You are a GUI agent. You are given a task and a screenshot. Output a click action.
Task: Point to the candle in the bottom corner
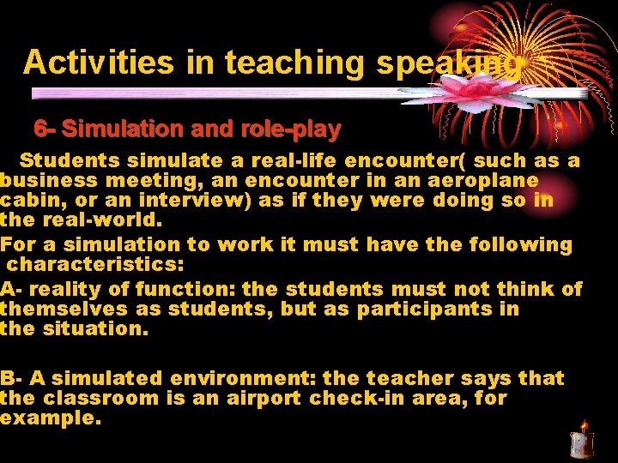pos(582,440)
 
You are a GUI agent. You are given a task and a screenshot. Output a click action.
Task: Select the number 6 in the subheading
pos(39,129)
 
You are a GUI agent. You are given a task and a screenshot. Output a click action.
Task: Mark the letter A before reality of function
pos(7,289)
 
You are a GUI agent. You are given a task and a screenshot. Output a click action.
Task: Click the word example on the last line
pos(49,419)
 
